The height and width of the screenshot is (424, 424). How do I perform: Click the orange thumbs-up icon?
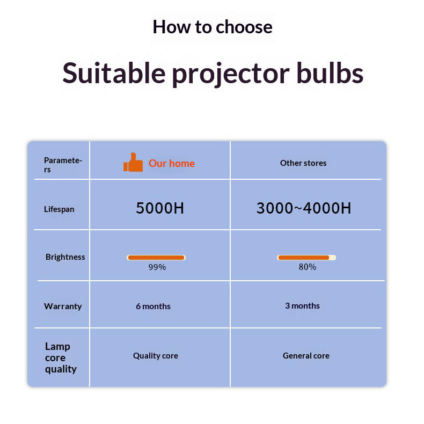click(x=133, y=163)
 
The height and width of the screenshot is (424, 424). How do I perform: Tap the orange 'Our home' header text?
click(x=171, y=163)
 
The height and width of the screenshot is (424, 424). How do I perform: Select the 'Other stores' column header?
click(x=303, y=163)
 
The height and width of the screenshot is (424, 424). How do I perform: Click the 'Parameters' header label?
click(x=63, y=165)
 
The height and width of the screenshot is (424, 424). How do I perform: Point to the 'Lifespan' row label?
click(x=59, y=209)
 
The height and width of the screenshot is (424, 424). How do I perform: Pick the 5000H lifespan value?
click(x=160, y=208)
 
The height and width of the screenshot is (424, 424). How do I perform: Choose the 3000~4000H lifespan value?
click(x=304, y=208)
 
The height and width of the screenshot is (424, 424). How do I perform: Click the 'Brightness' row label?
click(x=65, y=257)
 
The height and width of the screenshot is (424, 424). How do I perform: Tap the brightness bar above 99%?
click(x=156, y=258)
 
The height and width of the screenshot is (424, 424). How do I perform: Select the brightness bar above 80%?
click(x=306, y=258)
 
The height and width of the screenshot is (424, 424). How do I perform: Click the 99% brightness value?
click(x=157, y=267)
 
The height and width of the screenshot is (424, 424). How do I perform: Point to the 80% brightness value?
click(x=308, y=267)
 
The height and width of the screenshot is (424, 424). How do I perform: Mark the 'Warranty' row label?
click(x=63, y=306)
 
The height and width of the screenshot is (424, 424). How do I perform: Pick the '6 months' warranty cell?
click(x=153, y=306)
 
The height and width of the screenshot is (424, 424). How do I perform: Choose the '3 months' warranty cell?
click(x=302, y=306)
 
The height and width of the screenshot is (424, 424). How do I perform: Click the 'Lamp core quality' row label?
click(x=61, y=358)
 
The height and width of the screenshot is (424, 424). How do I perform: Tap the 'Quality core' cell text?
click(x=156, y=356)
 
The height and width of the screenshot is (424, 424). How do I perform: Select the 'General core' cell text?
click(x=306, y=356)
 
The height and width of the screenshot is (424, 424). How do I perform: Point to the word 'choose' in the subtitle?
click(x=244, y=27)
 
